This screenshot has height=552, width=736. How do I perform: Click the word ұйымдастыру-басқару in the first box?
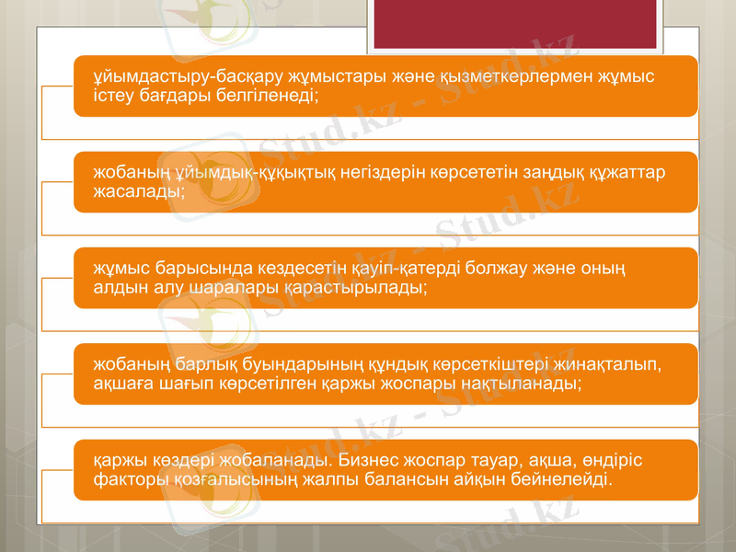(x=178, y=76)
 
